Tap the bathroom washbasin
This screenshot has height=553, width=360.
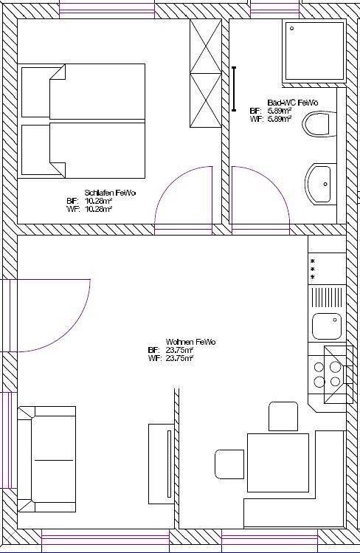click(x=320, y=183)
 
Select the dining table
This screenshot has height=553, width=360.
click(x=277, y=462)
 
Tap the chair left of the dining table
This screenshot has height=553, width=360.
click(x=229, y=464)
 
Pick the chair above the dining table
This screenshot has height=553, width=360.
click(x=283, y=415)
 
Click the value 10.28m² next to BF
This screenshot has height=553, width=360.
click(x=99, y=201)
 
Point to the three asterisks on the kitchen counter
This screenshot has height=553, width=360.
click(x=313, y=269)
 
